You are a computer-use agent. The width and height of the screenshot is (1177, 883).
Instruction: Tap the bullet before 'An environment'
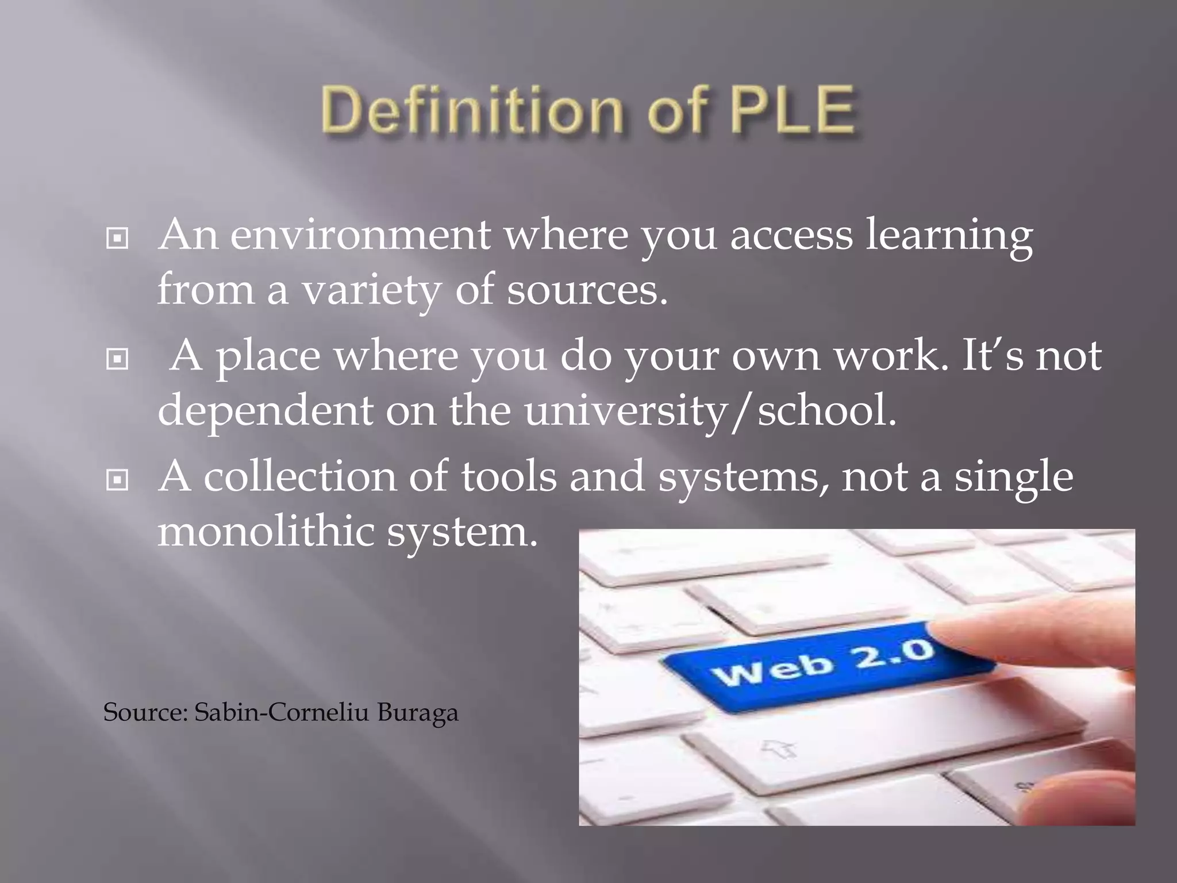pyautogui.click(x=117, y=238)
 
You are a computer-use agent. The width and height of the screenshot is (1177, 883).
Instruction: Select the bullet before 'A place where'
pyautogui.click(x=117, y=360)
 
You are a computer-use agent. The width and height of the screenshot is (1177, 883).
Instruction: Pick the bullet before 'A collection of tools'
pyautogui.click(x=117, y=481)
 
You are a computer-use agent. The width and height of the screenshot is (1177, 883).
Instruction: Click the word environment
pyautogui.click(x=360, y=236)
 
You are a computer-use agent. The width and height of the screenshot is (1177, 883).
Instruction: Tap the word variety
pyautogui.click(x=371, y=291)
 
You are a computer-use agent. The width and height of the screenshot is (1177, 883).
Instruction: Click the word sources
pyautogui.click(x=586, y=291)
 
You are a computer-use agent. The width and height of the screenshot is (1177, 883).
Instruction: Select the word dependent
pyautogui.click(x=265, y=412)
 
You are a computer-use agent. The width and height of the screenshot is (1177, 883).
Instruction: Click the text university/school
pyautogui.click(x=710, y=412)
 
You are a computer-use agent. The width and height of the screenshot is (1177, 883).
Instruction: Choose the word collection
pyautogui.click(x=299, y=477)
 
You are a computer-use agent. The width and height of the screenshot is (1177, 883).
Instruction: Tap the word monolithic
pyautogui.click(x=265, y=532)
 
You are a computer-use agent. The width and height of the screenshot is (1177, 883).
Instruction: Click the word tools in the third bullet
pyautogui.click(x=509, y=477)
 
